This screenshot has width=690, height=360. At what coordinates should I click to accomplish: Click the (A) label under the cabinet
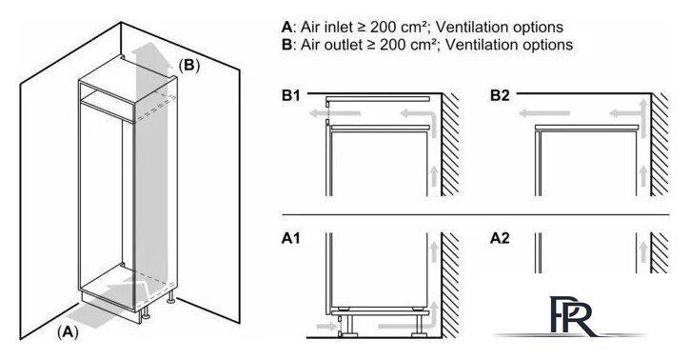[68, 331]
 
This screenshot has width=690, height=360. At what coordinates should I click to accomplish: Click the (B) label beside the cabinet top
[189, 66]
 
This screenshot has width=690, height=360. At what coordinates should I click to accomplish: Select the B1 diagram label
[291, 95]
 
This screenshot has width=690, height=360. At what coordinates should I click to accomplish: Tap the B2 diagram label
[500, 95]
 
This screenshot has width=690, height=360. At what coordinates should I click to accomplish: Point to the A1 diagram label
[291, 238]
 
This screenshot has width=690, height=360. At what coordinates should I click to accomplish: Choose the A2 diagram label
[500, 238]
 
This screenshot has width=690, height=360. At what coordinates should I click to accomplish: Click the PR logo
[571, 316]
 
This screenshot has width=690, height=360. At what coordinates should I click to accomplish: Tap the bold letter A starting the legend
[286, 27]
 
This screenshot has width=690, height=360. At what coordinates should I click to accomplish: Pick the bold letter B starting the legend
[286, 45]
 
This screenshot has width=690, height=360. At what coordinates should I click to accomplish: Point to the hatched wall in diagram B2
[660, 145]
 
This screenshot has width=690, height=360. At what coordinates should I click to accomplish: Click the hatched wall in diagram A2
[660, 252]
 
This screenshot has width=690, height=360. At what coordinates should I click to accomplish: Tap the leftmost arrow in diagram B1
[335, 113]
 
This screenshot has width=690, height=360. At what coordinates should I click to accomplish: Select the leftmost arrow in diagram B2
[544, 113]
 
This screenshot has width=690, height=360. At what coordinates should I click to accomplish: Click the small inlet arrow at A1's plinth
[325, 327]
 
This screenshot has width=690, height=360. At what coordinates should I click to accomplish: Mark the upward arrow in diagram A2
[643, 252]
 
